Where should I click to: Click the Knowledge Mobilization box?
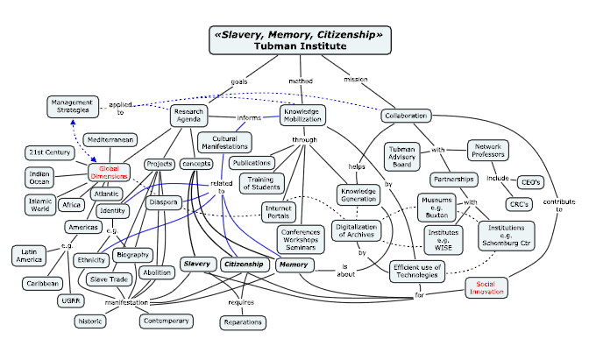[302, 115]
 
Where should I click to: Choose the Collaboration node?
[406, 116]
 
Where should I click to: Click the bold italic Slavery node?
[197, 263]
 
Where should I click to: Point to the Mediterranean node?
[110, 139]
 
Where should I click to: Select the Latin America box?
[30, 256]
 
